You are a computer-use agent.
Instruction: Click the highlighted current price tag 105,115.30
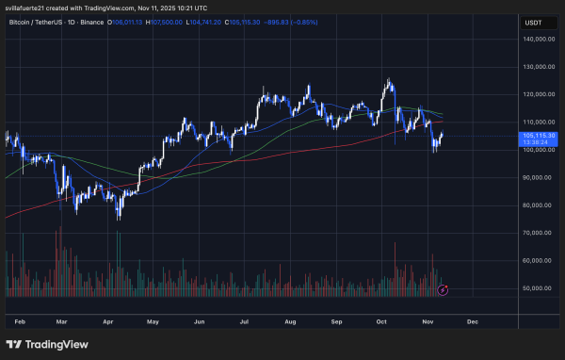click(x=537, y=136)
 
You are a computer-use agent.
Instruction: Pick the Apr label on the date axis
click(x=107, y=321)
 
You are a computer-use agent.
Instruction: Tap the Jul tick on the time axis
click(x=244, y=321)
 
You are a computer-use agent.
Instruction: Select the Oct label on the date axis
click(x=381, y=321)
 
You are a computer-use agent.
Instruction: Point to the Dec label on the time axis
click(x=472, y=321)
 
